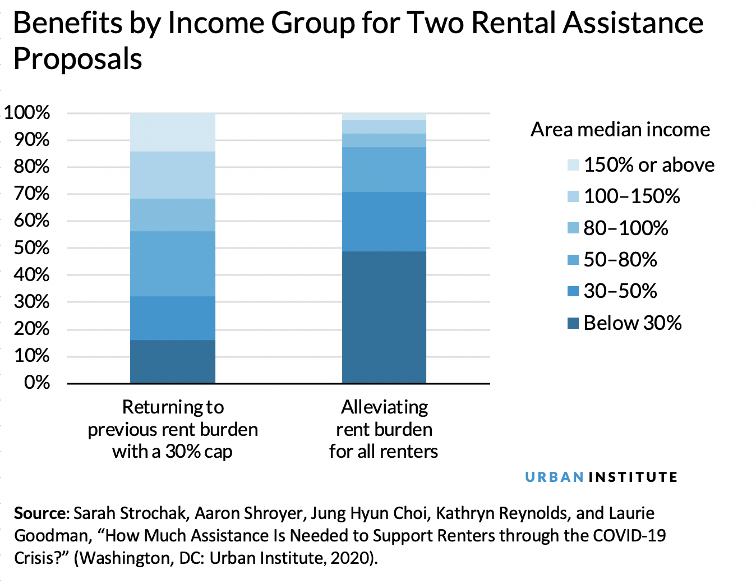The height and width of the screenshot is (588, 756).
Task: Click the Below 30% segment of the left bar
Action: pos(172,361)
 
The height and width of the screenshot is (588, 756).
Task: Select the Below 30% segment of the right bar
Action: pos(384,317)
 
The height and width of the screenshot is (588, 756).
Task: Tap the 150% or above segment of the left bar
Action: pos(172,132)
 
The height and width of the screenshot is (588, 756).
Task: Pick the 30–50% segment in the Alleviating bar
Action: pos(384,221)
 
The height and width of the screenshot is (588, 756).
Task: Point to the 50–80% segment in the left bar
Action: pos(172,263)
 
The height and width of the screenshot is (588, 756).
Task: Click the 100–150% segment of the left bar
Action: pos(172,174)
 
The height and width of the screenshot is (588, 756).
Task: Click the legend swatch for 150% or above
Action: pos(573,165)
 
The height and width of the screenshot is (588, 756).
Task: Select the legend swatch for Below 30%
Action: pos(573,323)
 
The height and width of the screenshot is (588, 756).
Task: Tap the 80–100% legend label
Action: pos(626,228)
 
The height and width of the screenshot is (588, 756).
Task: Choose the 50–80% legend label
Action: pos(620,260)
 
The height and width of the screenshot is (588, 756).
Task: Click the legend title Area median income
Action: pos(620,130)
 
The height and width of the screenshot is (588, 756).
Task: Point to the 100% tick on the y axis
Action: pos(27,113)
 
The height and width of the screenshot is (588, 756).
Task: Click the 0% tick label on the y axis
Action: pos(37,383)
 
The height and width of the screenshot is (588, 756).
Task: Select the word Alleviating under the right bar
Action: pos(384,407)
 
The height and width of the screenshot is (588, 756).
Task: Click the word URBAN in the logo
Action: pos(554,477)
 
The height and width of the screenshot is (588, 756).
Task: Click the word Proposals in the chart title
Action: pos(77,59)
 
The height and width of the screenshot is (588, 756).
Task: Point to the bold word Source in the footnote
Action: pos(40,513)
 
